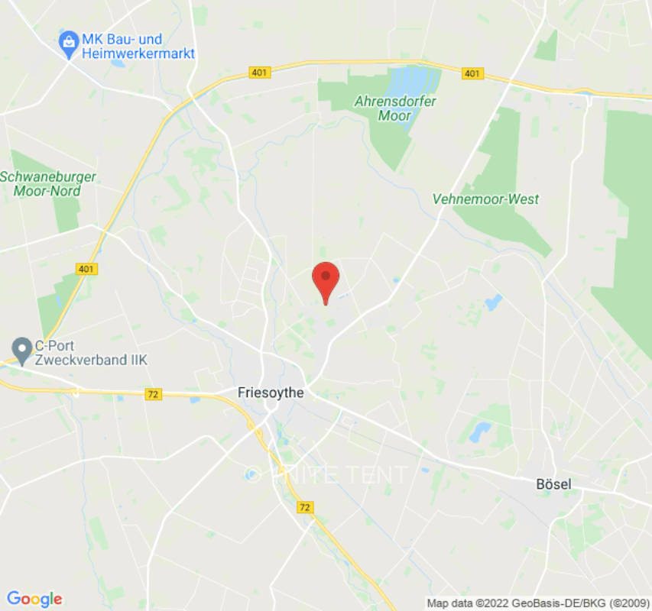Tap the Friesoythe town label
[271, 393]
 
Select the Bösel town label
[553, 485]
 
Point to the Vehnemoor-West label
[485, 199]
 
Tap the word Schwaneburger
[48, 177]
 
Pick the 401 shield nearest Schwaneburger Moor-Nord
[86, 269]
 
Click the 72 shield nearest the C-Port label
[154, 394]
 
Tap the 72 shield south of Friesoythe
[306, 507]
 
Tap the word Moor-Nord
[47, 191]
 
